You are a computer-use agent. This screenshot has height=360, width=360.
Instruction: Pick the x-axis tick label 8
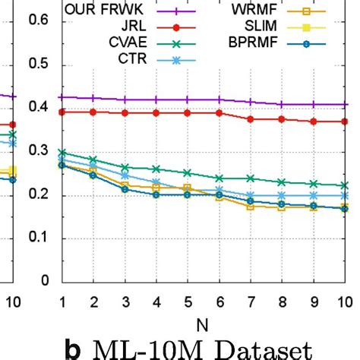[x=283, y=302]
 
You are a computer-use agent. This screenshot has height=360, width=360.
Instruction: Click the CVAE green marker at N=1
[x=62, y=153]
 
